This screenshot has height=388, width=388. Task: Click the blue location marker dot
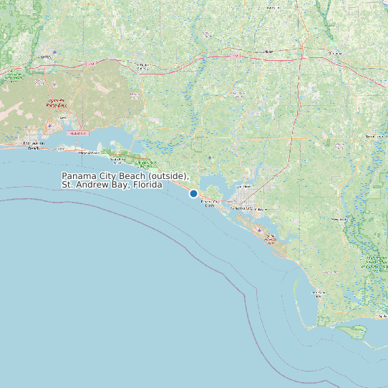pyautogui.click(x=193, y=193)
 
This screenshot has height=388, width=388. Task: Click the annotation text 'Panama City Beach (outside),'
pyautogui.click(x=125, y=176)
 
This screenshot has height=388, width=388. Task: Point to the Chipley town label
pyautogui.click(x=268, y=52)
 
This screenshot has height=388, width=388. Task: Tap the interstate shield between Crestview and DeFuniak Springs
pyautogui.click(x=91, y=64)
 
